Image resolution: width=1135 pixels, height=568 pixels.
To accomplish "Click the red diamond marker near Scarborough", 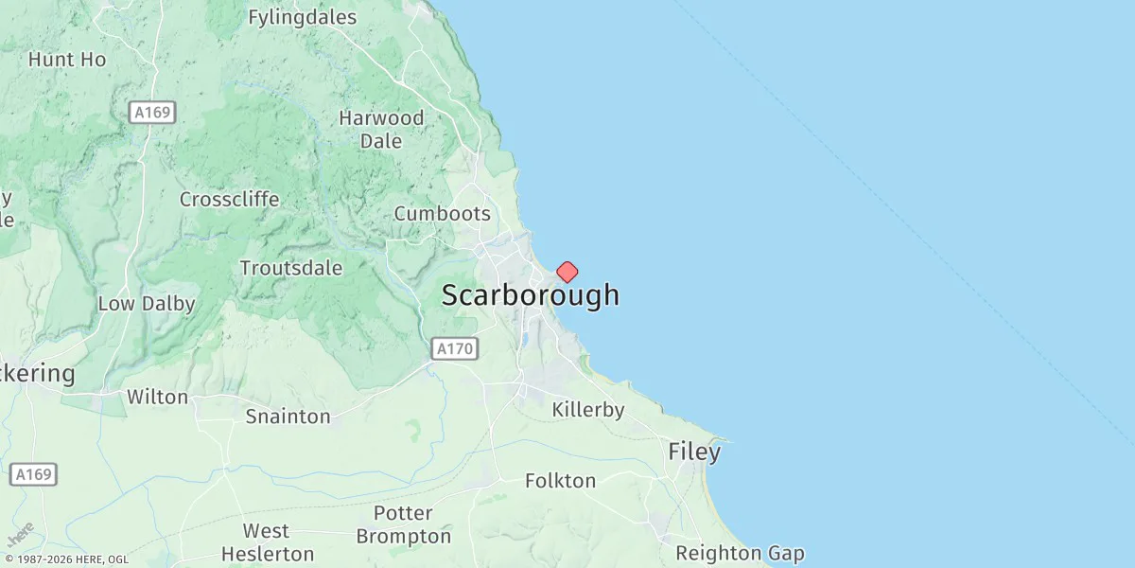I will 567,273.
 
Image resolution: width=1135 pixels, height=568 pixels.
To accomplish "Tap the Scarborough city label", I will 530,295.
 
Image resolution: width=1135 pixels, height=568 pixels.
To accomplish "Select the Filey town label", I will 694,453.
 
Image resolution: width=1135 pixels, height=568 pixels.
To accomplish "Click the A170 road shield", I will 455,349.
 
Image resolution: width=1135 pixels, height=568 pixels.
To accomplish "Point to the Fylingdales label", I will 302,17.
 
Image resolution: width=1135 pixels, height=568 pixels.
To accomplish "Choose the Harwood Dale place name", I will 381,130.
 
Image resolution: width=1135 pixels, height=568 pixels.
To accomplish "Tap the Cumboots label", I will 442,213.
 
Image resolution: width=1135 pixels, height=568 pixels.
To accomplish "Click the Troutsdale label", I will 290,268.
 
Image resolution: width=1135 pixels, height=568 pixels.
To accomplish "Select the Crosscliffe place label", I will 229,200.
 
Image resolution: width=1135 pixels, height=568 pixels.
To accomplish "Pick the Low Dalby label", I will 146,304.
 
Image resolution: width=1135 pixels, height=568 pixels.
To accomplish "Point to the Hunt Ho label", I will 67,59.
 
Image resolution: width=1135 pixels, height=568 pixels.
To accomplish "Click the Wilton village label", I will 157,397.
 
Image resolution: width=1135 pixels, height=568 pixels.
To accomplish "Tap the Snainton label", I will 288,417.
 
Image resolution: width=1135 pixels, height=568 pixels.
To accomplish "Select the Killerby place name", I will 588,410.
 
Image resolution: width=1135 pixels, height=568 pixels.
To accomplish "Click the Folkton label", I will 560,481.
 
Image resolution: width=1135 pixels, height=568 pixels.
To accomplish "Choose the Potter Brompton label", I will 404,524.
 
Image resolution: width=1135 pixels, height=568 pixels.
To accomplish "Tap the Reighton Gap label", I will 740,553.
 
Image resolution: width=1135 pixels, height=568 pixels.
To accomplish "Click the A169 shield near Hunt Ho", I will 152,113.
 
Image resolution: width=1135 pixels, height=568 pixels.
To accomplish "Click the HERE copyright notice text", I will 66,559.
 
